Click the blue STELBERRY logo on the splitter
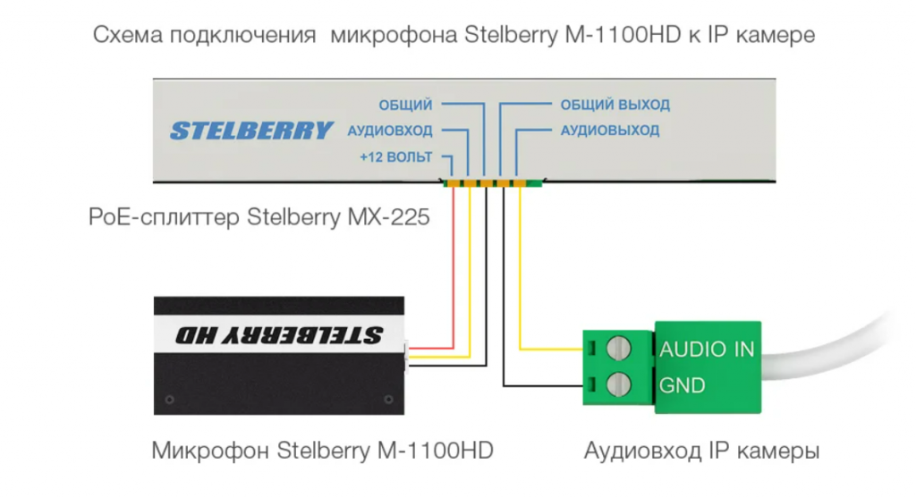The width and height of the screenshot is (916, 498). pyautogui.click(x=251, y=131)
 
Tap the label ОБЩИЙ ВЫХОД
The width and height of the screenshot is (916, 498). pyautogui.click(x=615, y=105)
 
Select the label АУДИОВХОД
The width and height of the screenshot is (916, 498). pyautogui.click(x=389, y=131)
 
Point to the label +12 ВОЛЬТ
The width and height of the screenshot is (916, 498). pyautogui.click(x=395, y=156)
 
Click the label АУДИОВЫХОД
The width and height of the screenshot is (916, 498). pyautogui.click(x=609, y=131)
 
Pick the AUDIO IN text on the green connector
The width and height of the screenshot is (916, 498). pyautogui.click(x=707, y=350)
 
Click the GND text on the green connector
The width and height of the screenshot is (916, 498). pyautogui.click(x=683, y=386)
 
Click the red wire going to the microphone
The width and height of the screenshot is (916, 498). pyautogui.click(x=454, y=268)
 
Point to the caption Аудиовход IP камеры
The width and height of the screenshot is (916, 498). pyautogui.click(x=701, y=450)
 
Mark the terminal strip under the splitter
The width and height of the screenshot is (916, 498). pyautogui.click(x=492, y=184)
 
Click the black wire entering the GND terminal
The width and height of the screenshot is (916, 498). pyautogui.click(x=546, y=386)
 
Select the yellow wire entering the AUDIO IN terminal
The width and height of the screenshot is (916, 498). pyautogui.click(x=550, y=349)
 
